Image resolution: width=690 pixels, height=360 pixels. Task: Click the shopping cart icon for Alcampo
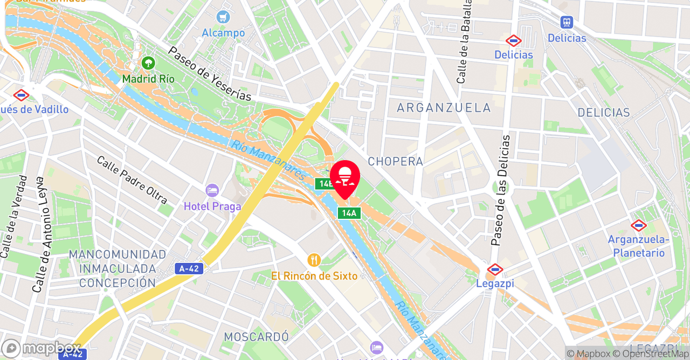point(223,17)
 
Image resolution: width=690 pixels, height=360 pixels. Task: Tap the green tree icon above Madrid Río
point(148,63)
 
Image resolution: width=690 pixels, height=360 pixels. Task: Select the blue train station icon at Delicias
point(566,23)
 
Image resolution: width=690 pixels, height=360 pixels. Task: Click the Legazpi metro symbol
point(494,269)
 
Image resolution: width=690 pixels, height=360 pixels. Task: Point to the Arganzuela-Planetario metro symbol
point(639,225)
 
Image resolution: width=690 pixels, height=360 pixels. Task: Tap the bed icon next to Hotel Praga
point(212,190)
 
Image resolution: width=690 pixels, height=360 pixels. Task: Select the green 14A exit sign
point(349,213)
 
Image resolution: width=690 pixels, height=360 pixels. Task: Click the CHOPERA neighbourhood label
point(395,162)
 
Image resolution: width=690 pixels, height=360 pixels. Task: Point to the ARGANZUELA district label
point(444,108)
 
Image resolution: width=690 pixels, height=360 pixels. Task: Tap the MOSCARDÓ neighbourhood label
point(257,337)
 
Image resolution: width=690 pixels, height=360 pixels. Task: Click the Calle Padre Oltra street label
point(132,180)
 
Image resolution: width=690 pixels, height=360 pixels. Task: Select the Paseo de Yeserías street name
point(210,73)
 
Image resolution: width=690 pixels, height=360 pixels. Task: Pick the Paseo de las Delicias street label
point(500,190)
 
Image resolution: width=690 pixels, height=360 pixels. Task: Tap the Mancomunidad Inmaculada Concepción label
point(118,268)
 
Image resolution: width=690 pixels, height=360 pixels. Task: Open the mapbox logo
point(41,348)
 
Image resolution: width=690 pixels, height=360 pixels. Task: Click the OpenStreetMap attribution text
point(652,354)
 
